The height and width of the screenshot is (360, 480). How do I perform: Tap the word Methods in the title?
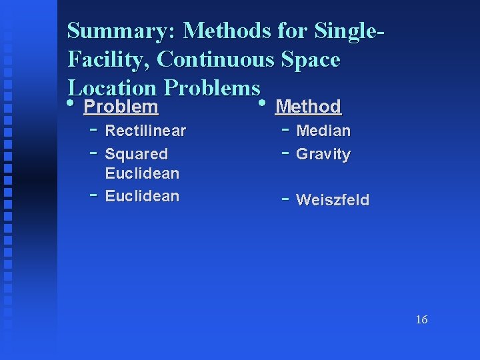pyautogui.click(x=227, y=31)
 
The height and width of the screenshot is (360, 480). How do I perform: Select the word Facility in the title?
pyautogui.click(x=109, y=60)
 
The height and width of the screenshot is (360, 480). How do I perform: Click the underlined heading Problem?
pyautogui.click(x=121, y=107)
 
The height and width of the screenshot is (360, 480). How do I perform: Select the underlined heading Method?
pyautogui.click(x=308, y=107)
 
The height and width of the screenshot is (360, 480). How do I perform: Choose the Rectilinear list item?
pyautogui.click(x=145, y=131)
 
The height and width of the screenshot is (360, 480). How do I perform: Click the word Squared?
pyautogui.click(x=137, y=154)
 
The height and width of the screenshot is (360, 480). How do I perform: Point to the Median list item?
pyautogui.click(x=323, y=131)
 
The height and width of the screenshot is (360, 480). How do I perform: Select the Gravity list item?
pyautogui.click(x=323, y=154)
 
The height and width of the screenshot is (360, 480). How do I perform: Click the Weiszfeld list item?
pyautogui.click(x=332, y=200)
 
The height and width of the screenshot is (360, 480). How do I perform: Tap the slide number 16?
pyautogui.click(x=421, y=320)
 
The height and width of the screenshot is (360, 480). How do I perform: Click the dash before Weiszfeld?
pyautogui.click(x=285, y=198)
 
